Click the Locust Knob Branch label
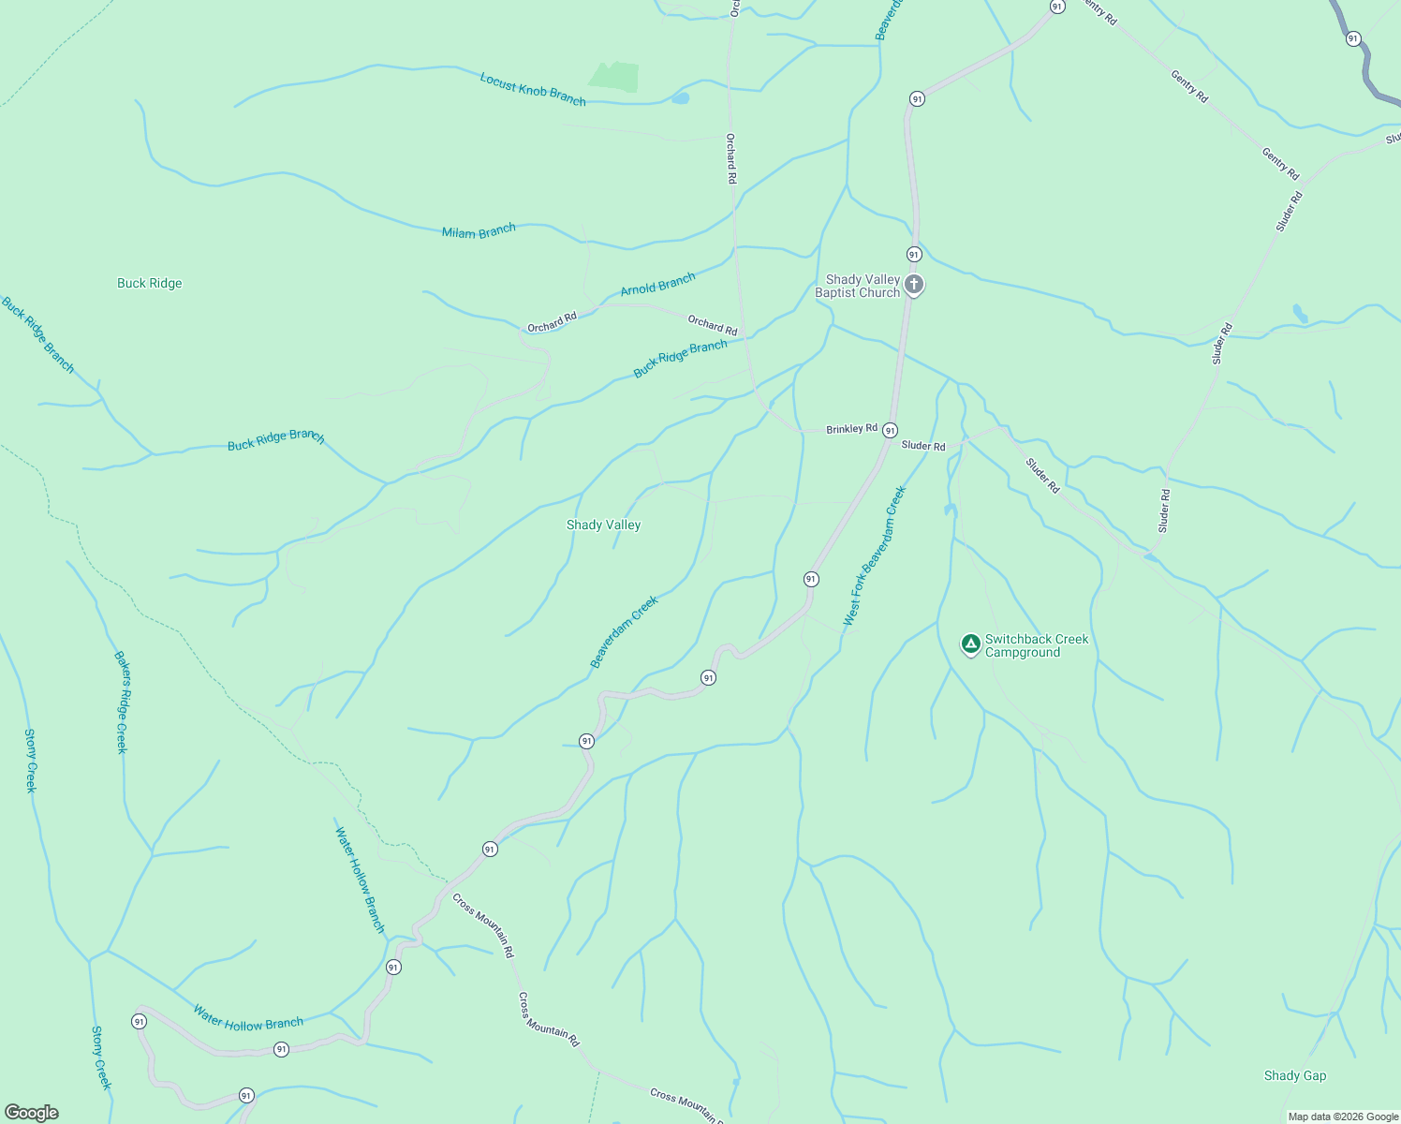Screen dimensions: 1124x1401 tap(533, 89)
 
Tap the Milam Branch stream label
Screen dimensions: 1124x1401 tap(479, 230)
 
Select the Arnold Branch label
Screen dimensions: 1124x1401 tap(657, 284)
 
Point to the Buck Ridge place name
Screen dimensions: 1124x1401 tap(150, 283)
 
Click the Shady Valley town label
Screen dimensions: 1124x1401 tap(603, 525)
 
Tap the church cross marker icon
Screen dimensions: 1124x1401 tap(914, 284)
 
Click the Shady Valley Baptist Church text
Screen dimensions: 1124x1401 tap(857, 286)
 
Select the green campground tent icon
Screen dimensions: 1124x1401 tap(971, 643)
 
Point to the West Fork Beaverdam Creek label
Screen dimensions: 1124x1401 tap(875, 555)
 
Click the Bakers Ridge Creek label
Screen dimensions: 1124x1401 tap(121, 702)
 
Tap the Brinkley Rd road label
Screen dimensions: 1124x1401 tap(851, 429)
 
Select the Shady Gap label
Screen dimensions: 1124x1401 tap(1295, 1075)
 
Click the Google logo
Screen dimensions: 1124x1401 tap(32, 1113)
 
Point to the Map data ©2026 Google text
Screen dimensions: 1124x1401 tap(1343, 1117)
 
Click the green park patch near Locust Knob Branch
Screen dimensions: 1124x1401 tap(614, 77)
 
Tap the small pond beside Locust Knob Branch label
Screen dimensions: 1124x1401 tap(680, 97)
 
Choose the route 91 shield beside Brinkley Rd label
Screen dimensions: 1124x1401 tap(890, 430)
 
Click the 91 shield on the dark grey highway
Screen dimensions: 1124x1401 tap(1353, 38)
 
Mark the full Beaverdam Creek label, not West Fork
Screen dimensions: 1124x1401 tap(624, 632)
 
